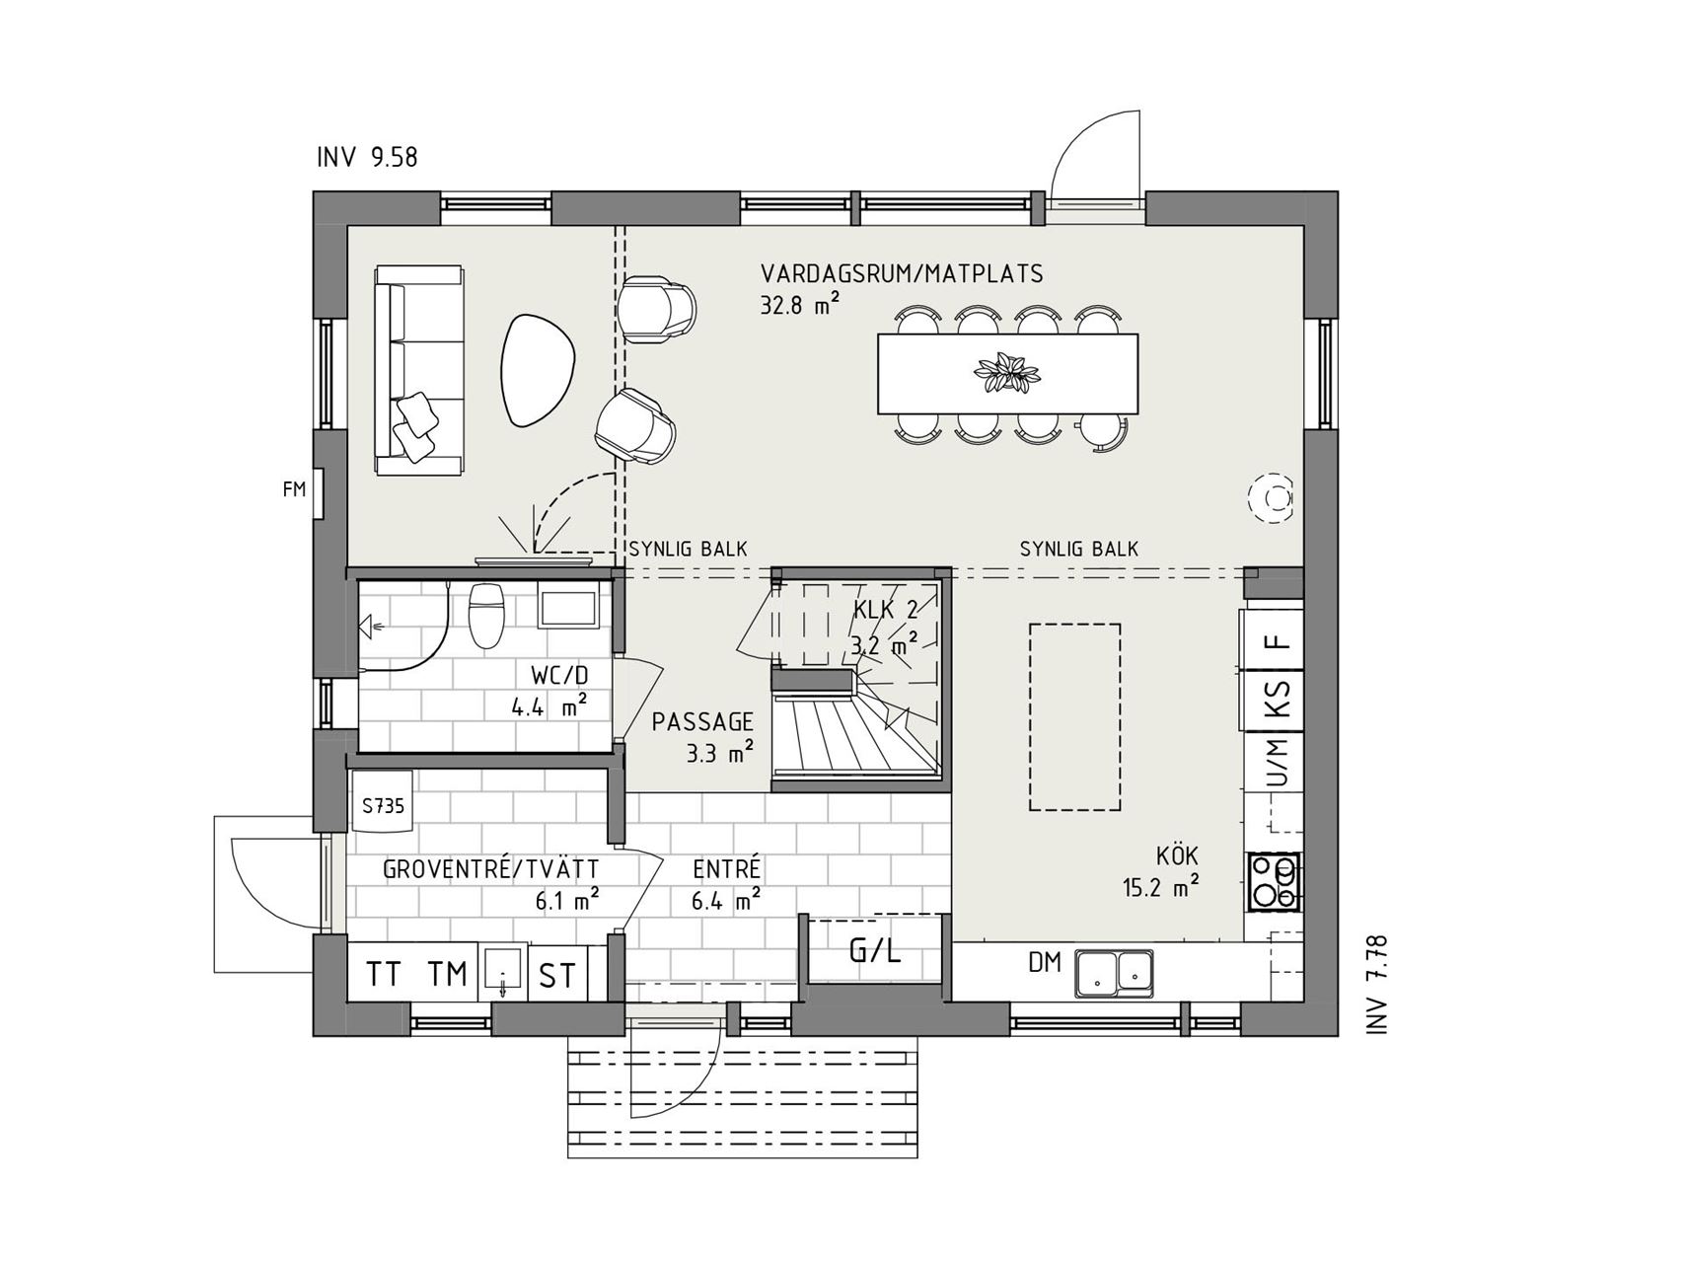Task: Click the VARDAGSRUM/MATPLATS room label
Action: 902,273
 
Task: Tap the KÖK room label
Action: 1177,855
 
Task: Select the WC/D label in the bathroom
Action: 559,676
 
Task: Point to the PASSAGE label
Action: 702,722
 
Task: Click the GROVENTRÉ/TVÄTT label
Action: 491,869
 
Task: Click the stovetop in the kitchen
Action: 1274,882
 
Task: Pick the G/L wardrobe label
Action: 875,951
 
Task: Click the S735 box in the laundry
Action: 383,805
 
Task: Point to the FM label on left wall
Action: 294,488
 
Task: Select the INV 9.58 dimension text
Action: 367,157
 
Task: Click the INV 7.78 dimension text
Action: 1377,984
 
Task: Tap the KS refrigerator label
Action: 1279,699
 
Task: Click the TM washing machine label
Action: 447,974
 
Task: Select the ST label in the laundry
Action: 557,976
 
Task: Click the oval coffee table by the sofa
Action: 539,369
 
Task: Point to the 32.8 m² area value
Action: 799,304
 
